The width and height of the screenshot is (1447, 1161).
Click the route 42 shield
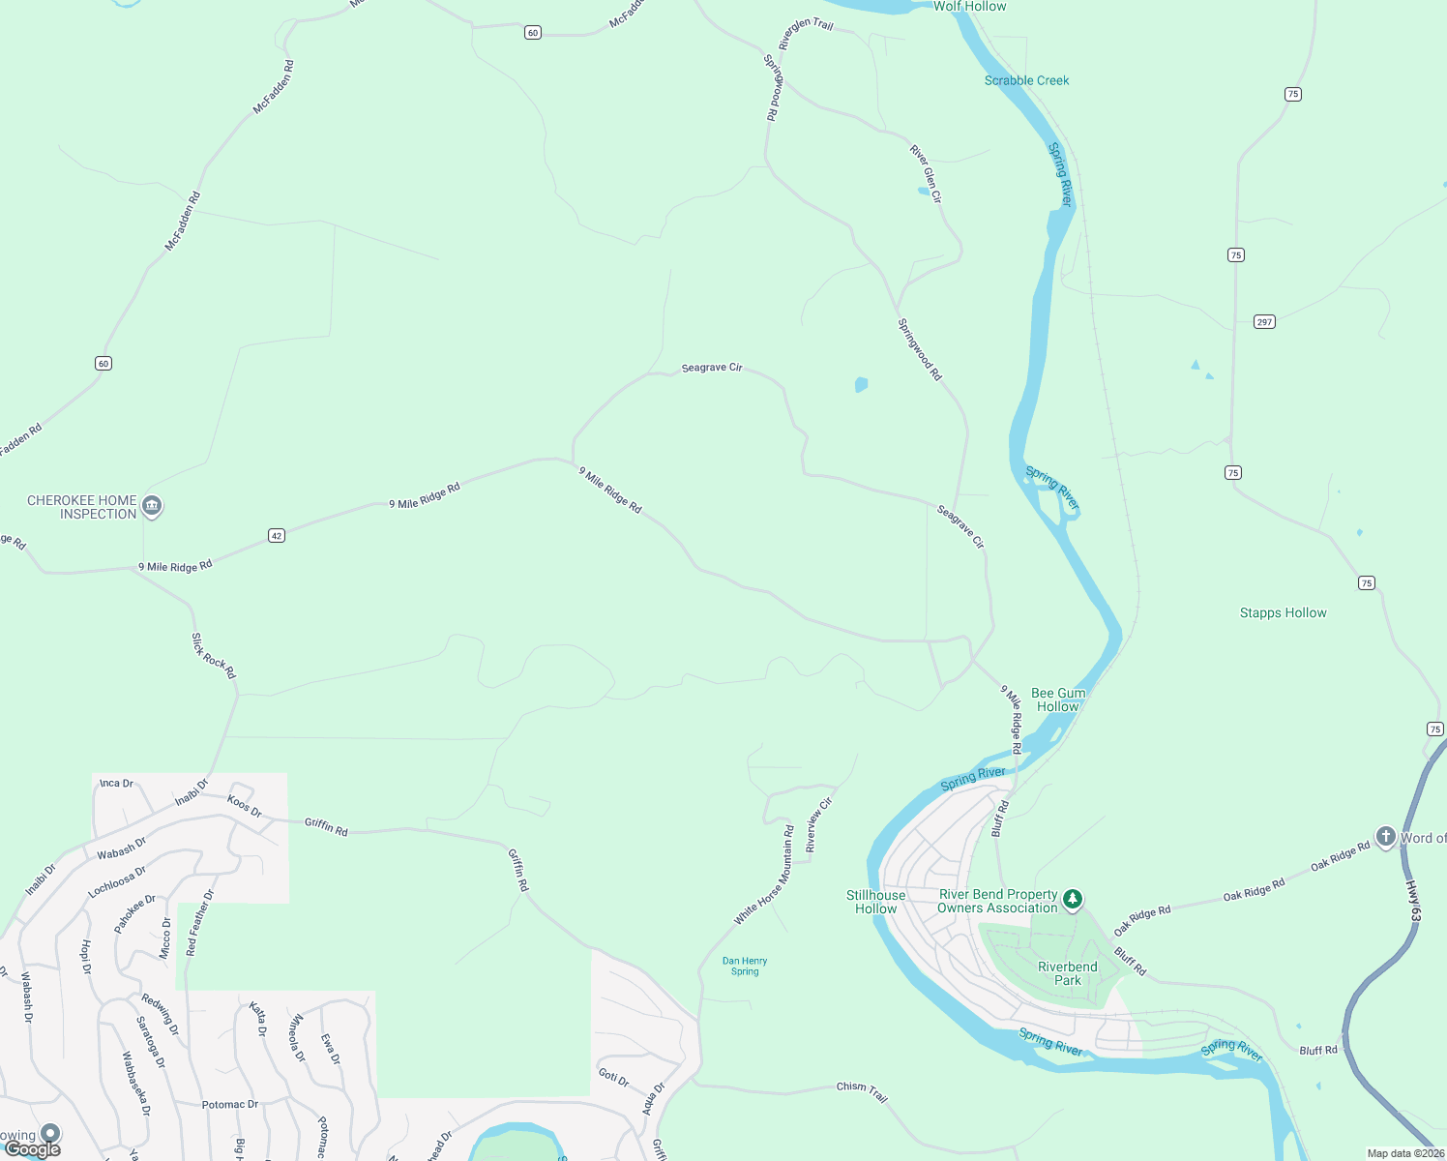277,535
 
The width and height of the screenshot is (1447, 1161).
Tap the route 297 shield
1264,321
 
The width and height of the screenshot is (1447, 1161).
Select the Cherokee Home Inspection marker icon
152,506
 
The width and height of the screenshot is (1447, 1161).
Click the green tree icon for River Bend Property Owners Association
1072,900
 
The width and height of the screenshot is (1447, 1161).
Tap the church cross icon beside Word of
1385,837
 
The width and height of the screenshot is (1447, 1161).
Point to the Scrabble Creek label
1026,80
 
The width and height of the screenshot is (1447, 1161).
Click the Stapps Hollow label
1283,612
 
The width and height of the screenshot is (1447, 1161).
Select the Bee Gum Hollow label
1058,700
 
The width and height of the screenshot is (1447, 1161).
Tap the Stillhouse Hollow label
875,902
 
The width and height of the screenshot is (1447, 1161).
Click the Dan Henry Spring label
745,966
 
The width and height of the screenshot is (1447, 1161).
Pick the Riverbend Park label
1067,973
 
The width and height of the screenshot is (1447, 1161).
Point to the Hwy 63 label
1413,901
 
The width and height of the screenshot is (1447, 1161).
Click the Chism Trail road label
862,1090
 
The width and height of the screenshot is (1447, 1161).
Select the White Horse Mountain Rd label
764,875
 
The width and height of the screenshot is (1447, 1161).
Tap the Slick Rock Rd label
213,656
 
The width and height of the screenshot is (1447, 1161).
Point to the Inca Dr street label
116,783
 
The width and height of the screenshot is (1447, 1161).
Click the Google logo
33,1148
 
